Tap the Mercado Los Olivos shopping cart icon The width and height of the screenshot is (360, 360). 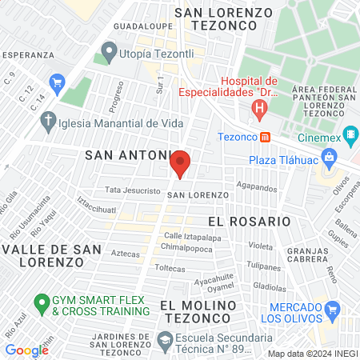(333, 309)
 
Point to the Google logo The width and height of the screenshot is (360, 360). (26, 350)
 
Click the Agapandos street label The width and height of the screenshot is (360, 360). (257, 189)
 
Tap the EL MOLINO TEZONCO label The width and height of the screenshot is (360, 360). (198, 312)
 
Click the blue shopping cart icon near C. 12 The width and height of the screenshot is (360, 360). (57, 82)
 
